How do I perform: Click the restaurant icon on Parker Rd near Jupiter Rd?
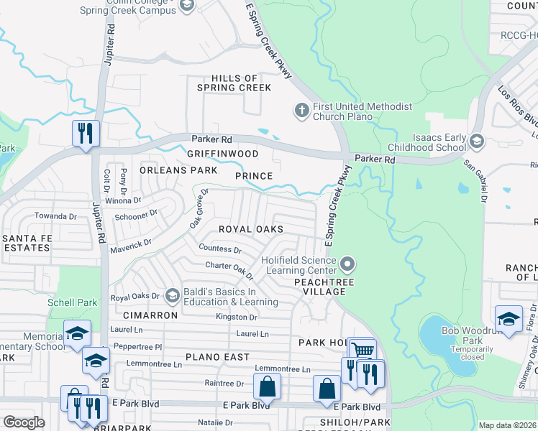85,134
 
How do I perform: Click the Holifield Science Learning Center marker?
348,265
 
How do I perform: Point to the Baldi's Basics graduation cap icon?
172,296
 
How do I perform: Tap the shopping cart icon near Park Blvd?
362,351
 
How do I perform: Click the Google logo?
24,422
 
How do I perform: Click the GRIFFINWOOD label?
222,154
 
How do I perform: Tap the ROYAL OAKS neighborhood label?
251,229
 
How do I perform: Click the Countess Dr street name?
219,249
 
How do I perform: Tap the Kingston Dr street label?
236,317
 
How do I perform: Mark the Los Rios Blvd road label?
518,105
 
